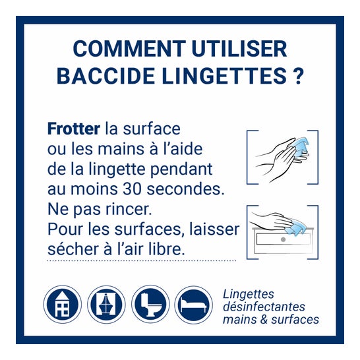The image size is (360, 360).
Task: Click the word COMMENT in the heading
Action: click(129, 49)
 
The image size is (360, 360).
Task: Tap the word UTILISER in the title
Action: click(239, 49)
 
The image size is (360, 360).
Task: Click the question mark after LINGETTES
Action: click(298, 76)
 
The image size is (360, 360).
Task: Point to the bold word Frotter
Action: click(74, 129)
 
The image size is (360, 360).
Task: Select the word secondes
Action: click(185, 189)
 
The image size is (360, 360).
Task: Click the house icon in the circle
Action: click(63, 305)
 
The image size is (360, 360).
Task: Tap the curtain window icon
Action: click(106, 305)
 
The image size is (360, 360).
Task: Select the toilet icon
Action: click(150, 305)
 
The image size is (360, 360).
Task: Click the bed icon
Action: click(194, 305)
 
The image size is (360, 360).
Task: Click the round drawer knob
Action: click(283, 239)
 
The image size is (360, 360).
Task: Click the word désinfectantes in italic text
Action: click(264, 307)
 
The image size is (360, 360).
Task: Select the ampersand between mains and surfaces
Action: click(264, 320)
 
